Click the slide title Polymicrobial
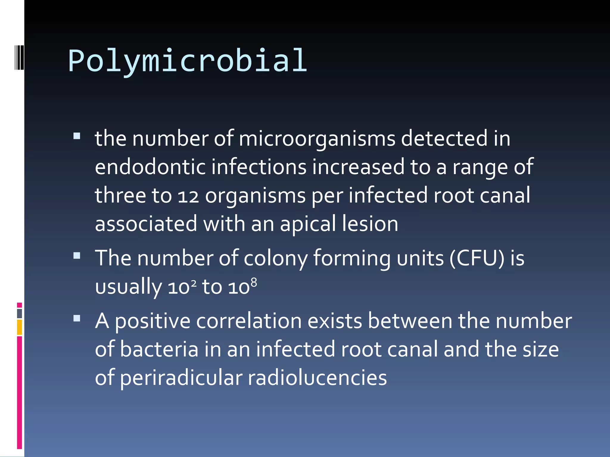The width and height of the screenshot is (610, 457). [x=188, y=61]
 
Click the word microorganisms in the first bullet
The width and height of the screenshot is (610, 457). [x=317, y=139]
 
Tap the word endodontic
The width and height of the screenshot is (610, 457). [x=150, y=167]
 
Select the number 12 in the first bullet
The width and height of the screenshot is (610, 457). [x=188, y=196]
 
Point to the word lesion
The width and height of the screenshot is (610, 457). [x=370, y=224]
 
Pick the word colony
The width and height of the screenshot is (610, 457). [x=276, y=258]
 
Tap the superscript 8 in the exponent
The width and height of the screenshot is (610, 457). [x=253, y=282]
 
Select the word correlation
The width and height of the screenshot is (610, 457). [x=249, y=321]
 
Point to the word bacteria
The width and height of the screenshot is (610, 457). [x=159, y=349]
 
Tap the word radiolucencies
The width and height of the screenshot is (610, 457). [x=317, y=378]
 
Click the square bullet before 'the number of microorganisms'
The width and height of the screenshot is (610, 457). [x=77, y=136]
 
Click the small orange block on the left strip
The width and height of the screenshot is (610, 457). [x=20, y=327]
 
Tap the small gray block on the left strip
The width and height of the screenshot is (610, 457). [x=20, y=314]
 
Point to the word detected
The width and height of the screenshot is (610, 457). [x=444, y=139]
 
